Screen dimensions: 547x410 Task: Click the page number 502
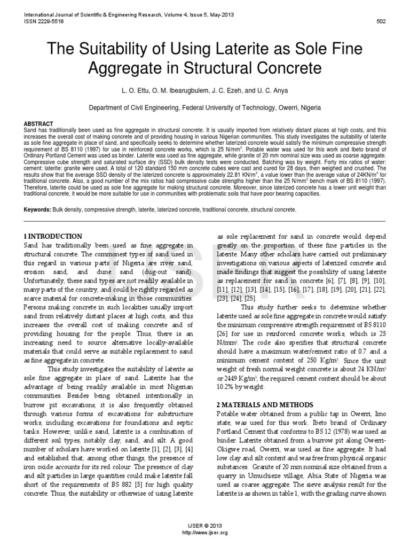(x=381, y=21)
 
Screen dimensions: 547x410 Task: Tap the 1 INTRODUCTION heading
(x=54, y=236)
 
